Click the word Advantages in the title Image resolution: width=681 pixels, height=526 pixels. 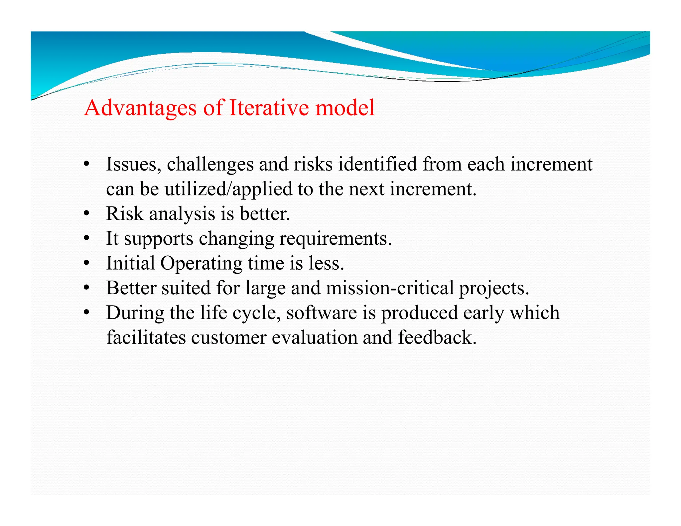[x=140, y=108]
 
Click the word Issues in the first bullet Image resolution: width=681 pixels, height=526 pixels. [x=133, y=164]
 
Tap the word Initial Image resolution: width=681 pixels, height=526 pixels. [x=130, y=263]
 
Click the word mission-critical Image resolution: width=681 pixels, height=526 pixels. [x=389, y=288]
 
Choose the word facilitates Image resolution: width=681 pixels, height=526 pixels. [x=146, y=337]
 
